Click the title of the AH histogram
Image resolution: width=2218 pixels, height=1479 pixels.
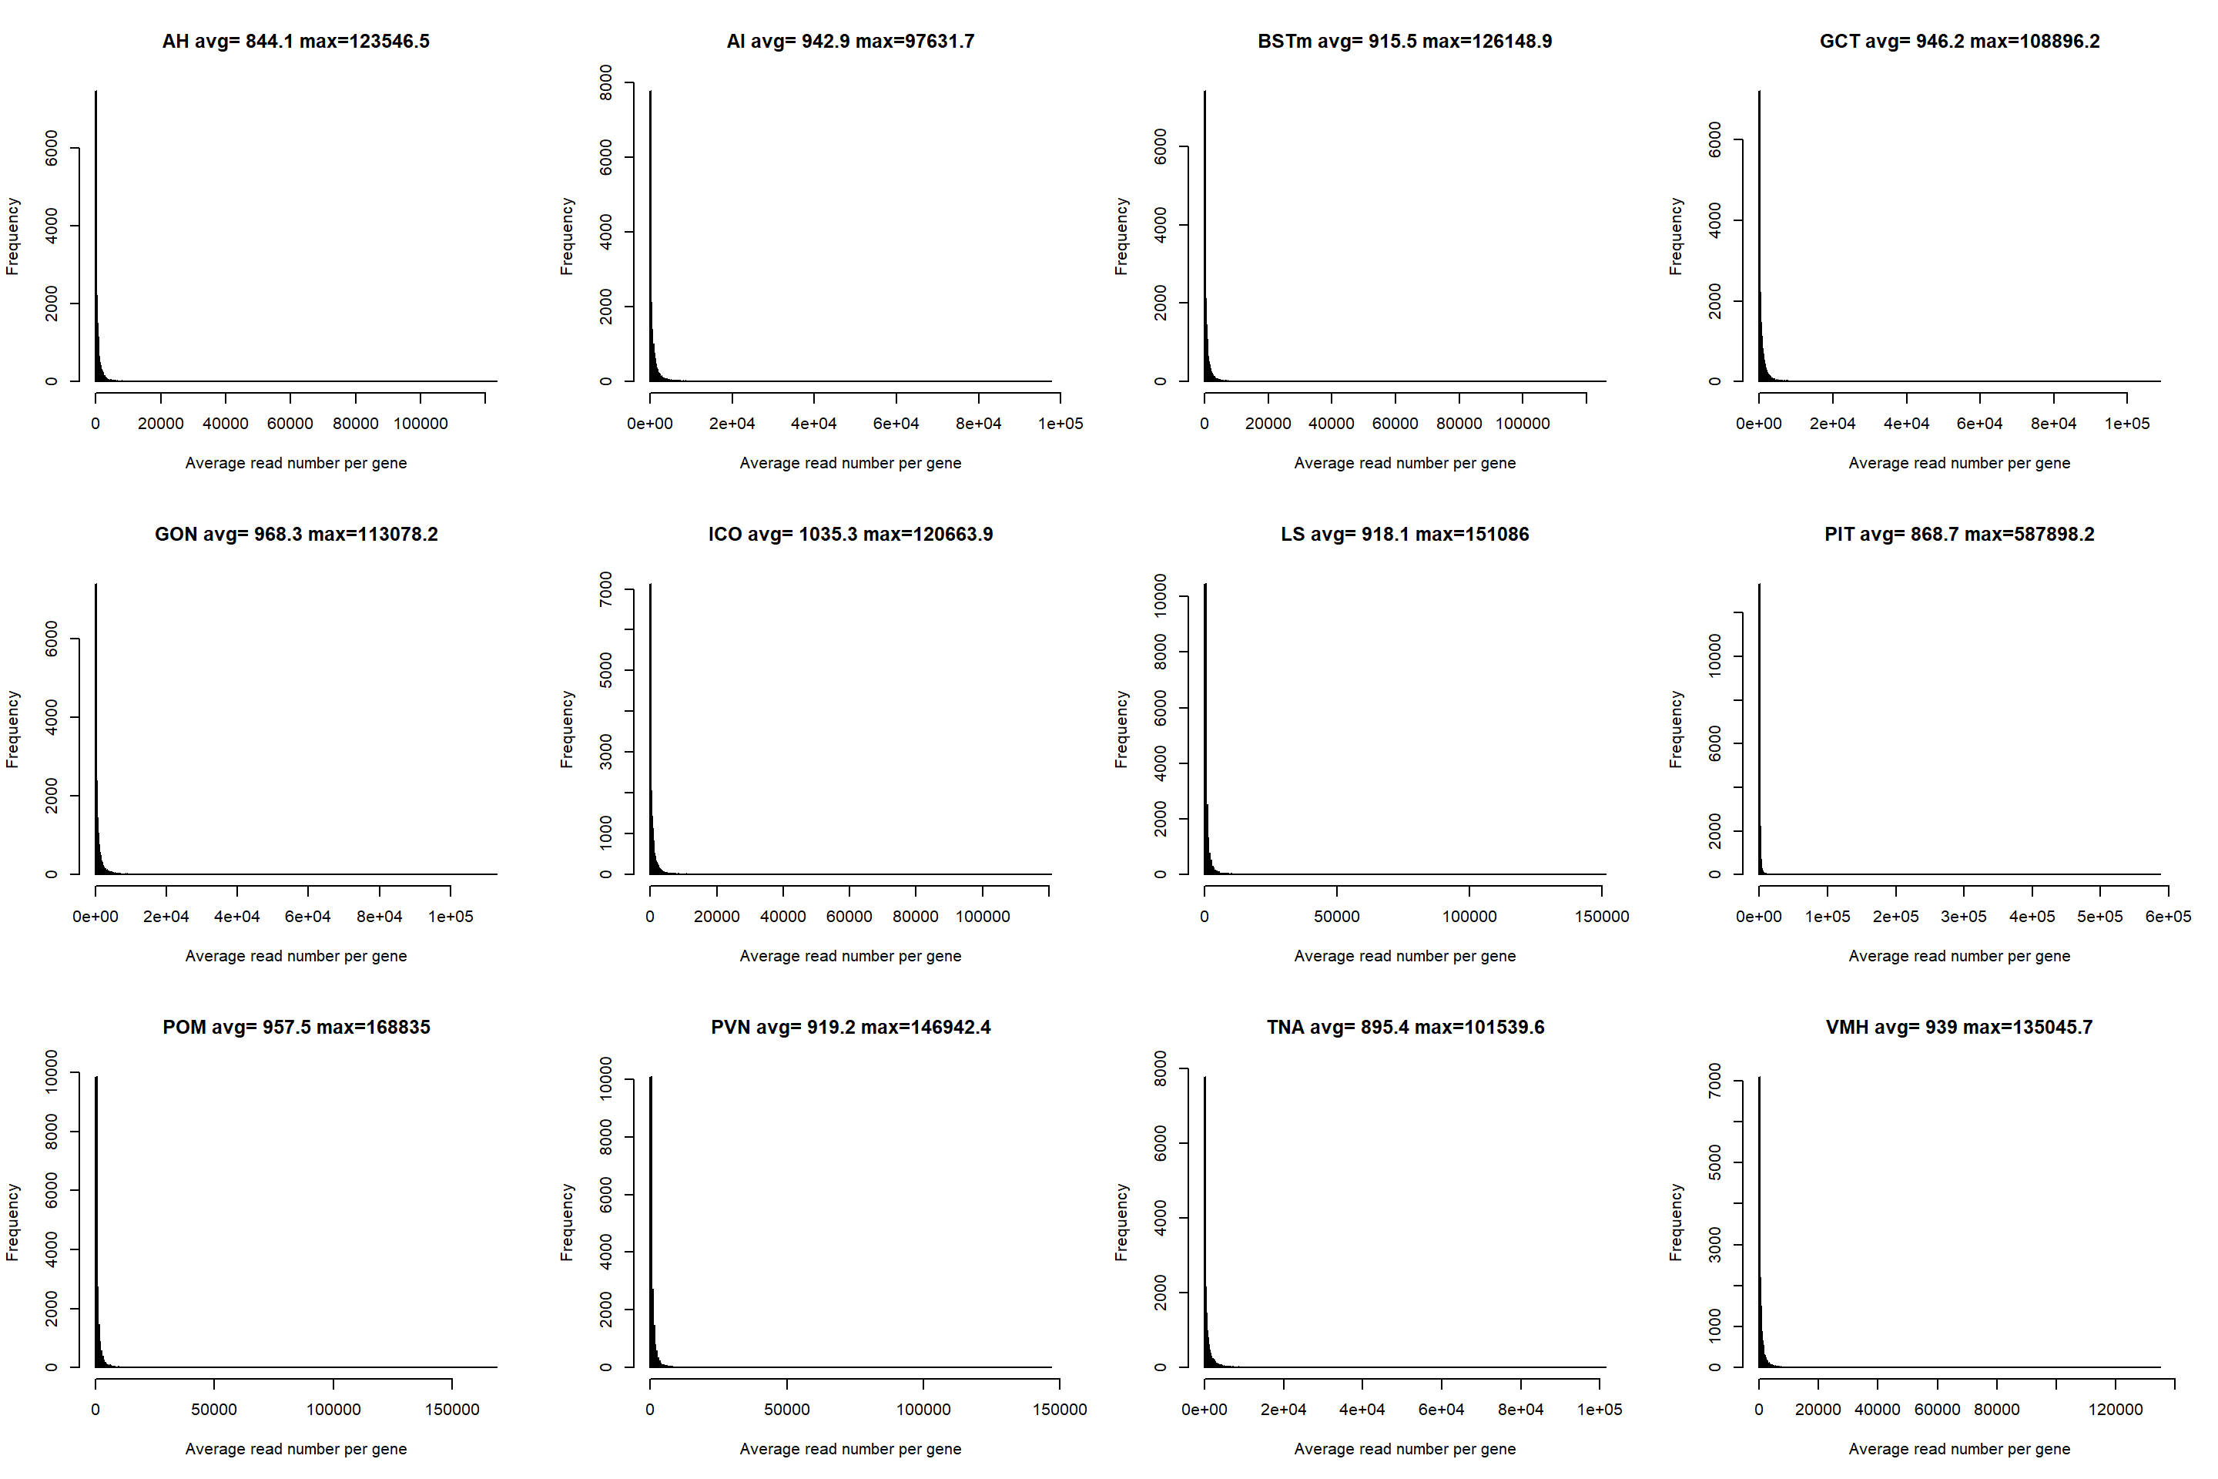coord(295,42)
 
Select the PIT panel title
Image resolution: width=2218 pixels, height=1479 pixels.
coord(1958,534)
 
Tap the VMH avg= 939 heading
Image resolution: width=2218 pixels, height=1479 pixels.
coord(1958,1027)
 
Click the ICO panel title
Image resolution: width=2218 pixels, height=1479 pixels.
coord(849,534)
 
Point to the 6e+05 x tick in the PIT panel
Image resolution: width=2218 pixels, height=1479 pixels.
coord(2168,916)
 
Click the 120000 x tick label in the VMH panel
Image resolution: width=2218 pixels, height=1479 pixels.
coord(2116,1409)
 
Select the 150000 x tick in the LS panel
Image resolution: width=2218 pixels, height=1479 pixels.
coord(1601,916)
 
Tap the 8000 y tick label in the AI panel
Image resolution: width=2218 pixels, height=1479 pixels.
coord(605,83)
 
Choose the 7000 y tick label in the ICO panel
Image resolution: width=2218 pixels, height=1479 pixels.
coord(605,589)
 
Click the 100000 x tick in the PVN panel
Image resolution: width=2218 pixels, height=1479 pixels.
coord(923,1409)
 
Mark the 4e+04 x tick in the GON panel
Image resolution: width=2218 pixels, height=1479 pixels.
coord(236,916)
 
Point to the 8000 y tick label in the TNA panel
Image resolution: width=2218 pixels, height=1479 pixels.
coord(1160,1068)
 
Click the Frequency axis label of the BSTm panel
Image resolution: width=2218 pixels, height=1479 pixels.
coord(1121,236)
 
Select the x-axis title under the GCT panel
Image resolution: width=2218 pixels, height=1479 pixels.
coord(1958,463)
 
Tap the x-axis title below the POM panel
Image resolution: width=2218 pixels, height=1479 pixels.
coord(295,1449)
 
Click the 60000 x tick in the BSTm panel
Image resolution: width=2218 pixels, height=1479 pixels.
coord(1395,424)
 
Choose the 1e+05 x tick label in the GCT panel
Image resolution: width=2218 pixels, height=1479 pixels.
coord(2126,424)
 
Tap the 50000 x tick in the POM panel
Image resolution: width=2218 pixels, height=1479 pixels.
coord(214,1409)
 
